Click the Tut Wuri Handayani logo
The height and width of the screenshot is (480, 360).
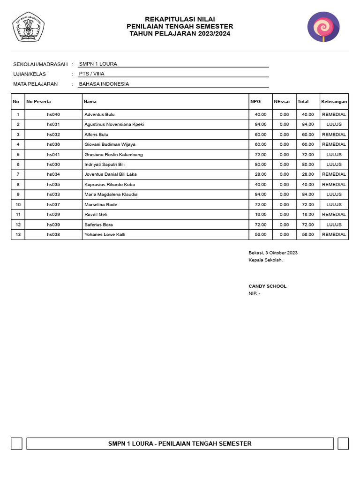click(28, 27)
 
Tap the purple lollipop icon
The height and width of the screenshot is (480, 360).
click(323, 27)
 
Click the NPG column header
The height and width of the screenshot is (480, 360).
click(255, 102)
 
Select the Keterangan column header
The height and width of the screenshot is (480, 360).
click(334, 102)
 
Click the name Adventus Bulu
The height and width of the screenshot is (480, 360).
click(99, 114)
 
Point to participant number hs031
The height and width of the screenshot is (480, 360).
click(53, 124)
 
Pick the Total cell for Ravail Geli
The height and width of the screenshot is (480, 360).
click(307, 214)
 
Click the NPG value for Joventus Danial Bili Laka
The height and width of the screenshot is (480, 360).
click(261, 174)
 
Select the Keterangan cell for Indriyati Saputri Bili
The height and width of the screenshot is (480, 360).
click(334, 165)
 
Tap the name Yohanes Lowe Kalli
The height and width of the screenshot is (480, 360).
click(105, 234)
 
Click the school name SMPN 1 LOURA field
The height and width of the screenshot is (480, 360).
click(98, 64)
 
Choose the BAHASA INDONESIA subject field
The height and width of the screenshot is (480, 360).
click(104, 84)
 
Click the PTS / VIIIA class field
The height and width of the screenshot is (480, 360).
click(92, 74)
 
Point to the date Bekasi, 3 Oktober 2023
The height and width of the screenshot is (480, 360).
click(273, 253)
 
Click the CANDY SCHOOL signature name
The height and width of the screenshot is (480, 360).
click(268, 286)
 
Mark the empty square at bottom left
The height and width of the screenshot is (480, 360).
click(17, 443)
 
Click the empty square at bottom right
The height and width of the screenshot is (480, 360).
click(343, 443)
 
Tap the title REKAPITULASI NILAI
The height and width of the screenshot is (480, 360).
click(180, 19)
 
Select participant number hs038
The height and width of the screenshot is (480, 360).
click(53, 234)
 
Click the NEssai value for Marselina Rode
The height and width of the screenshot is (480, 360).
click(284, 204)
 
